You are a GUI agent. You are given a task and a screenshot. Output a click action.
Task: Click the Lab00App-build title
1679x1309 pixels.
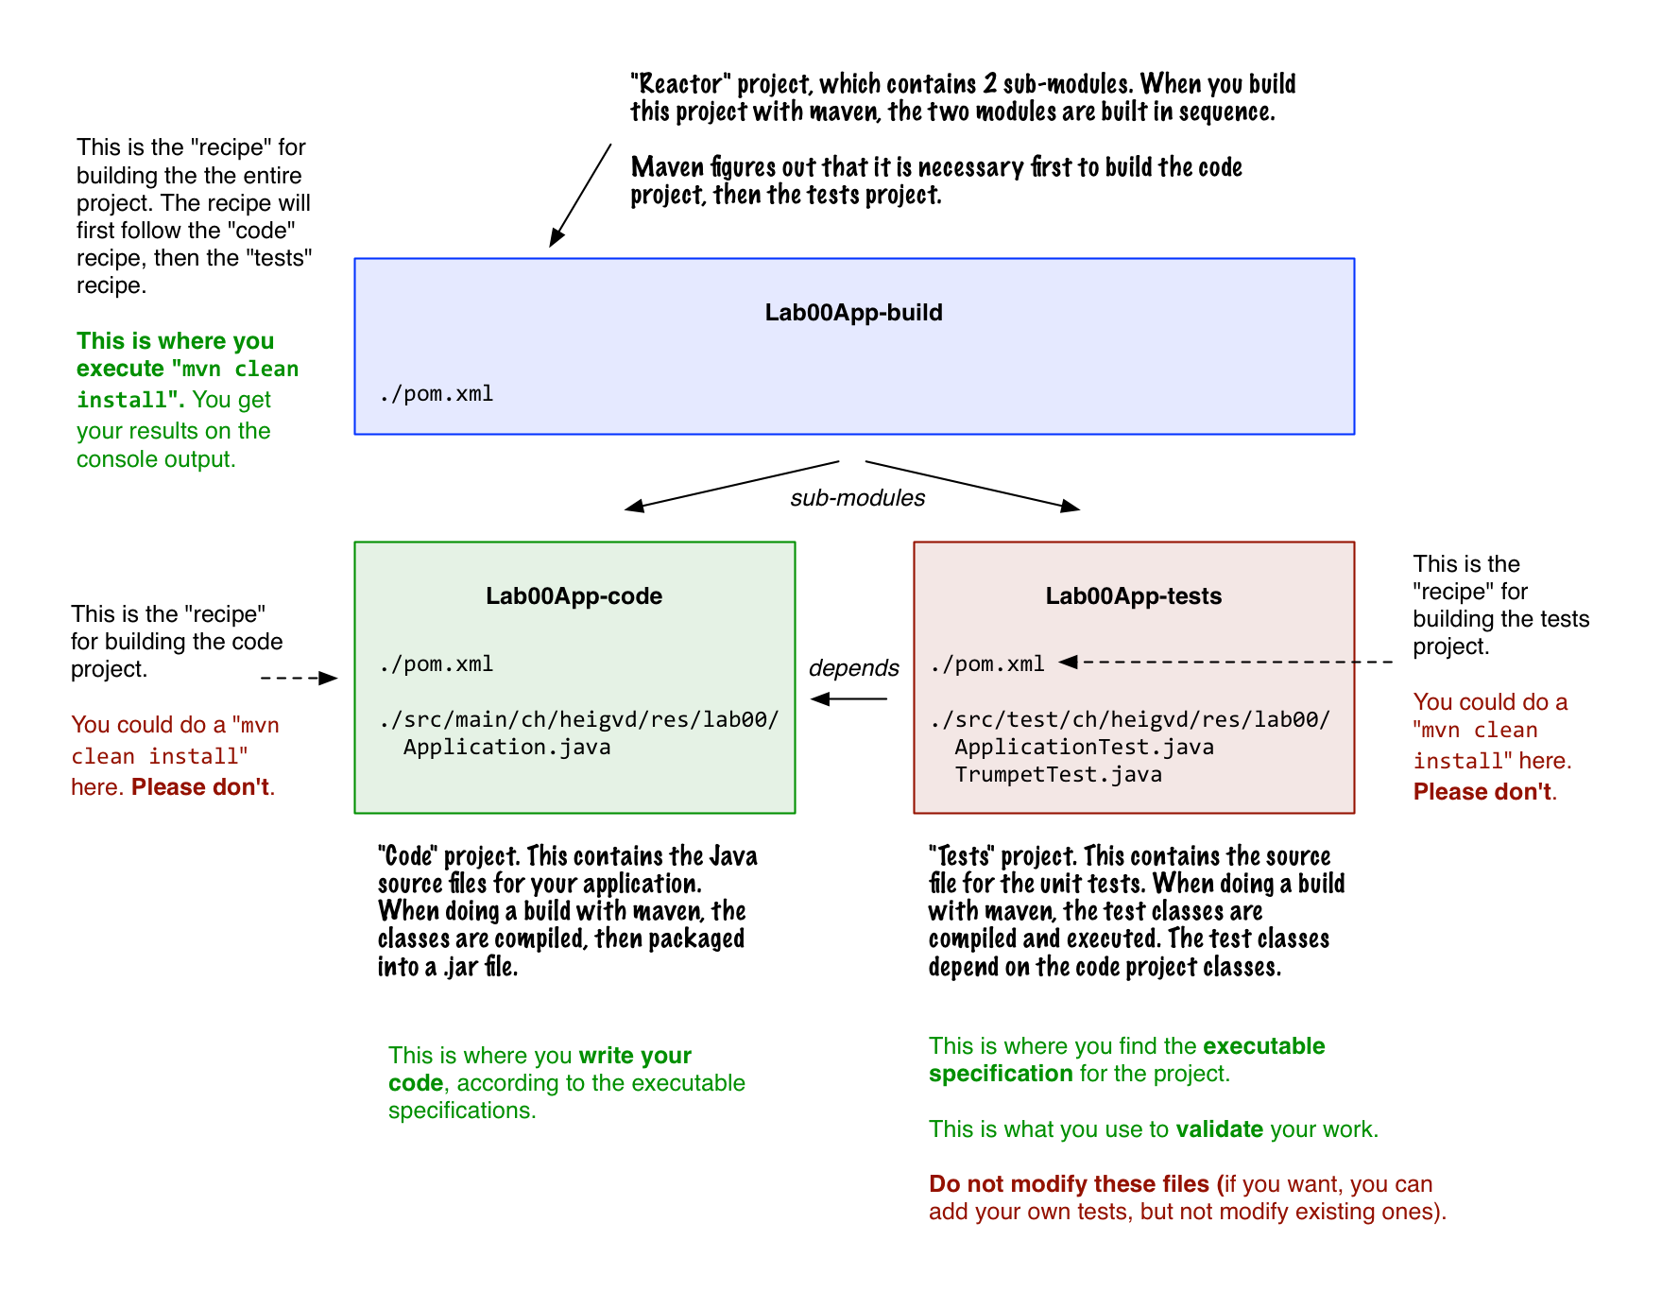(853, 313)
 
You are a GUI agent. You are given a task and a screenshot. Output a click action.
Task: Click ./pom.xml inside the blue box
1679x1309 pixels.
(437, 394)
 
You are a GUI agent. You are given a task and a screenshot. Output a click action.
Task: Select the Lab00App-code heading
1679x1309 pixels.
(574, 596)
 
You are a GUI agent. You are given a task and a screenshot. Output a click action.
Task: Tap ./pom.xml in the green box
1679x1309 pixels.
(437, 664)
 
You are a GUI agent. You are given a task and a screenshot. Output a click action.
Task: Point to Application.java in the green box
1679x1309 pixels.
(506, 748)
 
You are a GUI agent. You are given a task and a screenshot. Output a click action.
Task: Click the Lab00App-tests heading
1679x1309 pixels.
(1133, 596)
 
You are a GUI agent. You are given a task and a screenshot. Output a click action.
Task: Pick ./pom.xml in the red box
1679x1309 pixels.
(987, 664)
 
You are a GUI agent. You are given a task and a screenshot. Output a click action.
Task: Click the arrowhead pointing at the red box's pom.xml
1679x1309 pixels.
(1069, 663)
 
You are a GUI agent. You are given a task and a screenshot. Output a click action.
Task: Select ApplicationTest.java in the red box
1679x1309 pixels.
(1084, 748)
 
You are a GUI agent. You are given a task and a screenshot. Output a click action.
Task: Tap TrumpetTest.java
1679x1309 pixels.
(1057, 775)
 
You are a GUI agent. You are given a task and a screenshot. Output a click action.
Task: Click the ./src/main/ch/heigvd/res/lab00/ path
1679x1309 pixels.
(579, 720)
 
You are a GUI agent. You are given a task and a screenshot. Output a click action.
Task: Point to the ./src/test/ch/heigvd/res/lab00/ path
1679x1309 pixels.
(1130, 720)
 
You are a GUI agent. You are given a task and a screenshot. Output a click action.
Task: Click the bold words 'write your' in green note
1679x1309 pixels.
(635, 1056)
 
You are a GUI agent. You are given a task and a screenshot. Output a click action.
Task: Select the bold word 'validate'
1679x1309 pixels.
(1219, 1129)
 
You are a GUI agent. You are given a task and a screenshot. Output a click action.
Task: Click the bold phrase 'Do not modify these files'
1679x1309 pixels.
(1069, 1184)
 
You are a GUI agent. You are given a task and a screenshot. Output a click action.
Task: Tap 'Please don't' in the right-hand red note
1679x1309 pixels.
(1482, 792)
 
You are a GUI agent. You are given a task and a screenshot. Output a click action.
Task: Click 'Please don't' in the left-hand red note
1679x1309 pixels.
(200, 787)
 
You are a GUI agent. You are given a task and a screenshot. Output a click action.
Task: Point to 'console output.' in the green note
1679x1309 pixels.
(156, 460)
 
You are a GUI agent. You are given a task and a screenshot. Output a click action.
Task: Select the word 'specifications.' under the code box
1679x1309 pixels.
(462, 1111)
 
